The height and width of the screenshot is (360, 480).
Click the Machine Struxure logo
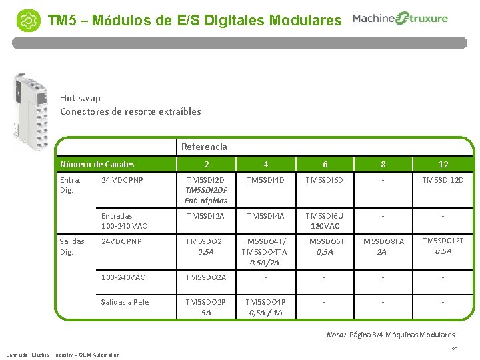click(400, 19)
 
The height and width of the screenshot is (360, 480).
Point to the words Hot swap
click(80, 98)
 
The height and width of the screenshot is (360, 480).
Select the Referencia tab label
click(204, 147)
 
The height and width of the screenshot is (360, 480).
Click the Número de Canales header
click(97, 164)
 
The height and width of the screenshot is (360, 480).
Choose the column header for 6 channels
click(325, 164)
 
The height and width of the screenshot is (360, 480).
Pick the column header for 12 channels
click(443, 164)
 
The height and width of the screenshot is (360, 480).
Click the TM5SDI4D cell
click(265, 180)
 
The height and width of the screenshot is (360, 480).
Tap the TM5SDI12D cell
click(443, 180)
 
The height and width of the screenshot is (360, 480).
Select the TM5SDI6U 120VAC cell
click(325, 221)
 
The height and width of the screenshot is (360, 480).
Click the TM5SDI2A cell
click(206, 216)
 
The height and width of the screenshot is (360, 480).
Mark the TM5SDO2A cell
click(206, 277)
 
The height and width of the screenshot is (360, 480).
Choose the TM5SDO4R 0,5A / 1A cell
click(265, 307)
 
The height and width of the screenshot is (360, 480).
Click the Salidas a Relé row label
click(125, 302)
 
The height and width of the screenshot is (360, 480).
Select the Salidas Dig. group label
click(71, 247)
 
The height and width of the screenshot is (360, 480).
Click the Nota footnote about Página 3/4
click(390, 335)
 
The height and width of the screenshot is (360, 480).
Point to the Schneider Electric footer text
click(63, 355)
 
